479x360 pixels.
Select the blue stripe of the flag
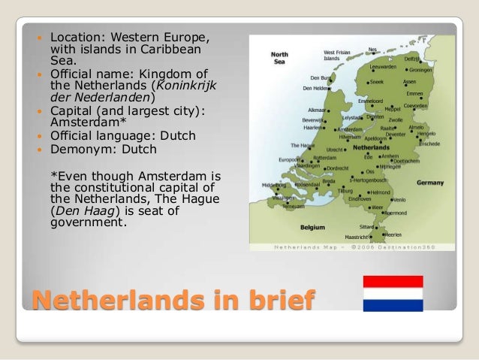click(393, 305)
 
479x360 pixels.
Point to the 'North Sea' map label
click(279, 59)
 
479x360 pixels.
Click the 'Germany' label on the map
click(429, 183)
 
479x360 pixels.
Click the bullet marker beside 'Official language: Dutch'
click(41, 136)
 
